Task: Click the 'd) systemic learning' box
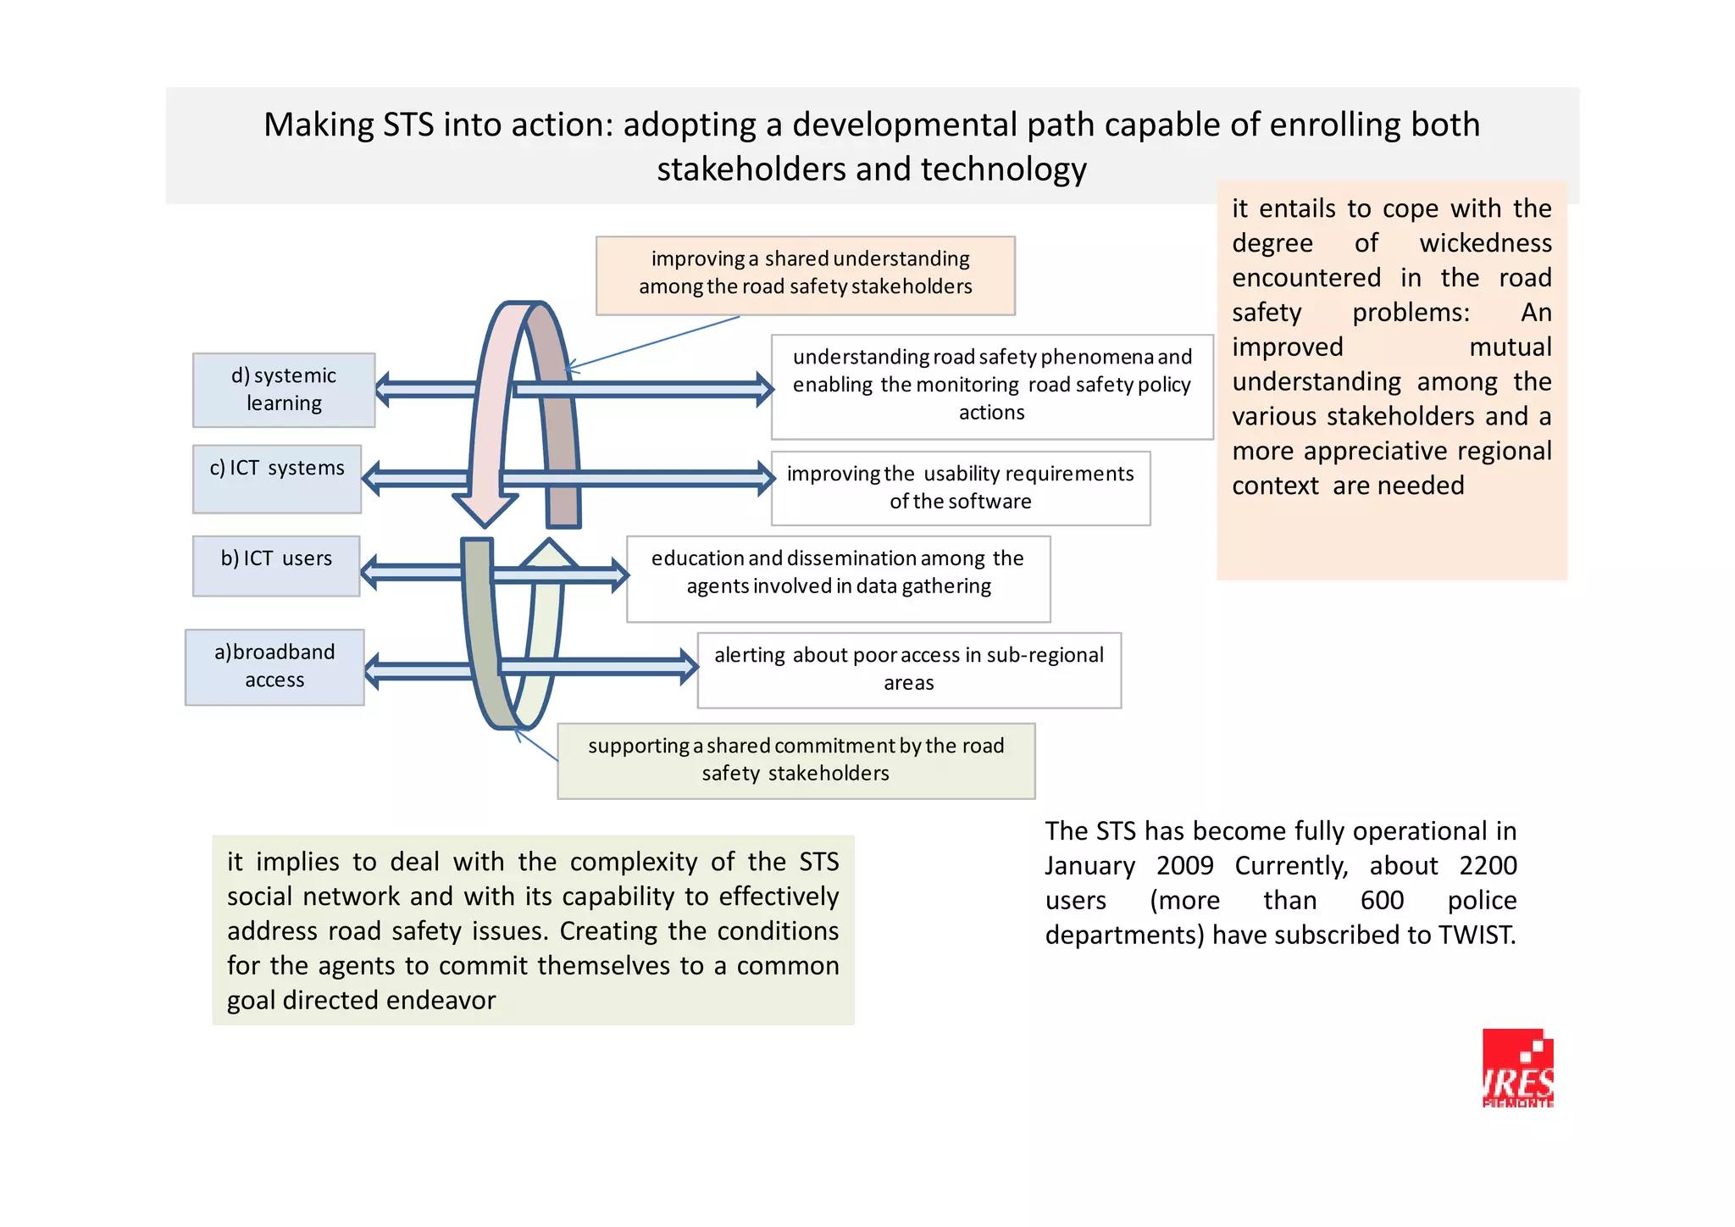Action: [284, 390]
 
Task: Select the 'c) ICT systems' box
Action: [277, 479]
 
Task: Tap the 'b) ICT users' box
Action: [276, 566]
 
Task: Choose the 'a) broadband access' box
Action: [274, 667]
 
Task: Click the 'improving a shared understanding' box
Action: [805, 275]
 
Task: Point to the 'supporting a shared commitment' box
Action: [795, 760]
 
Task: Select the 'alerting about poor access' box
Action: [908, 669]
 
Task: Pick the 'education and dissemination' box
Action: [838, 579]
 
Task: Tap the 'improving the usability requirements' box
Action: [960, 488]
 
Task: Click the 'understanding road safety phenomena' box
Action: [991, 386]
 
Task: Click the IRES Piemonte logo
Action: [1517, 1069]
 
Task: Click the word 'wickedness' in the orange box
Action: [1485, 243]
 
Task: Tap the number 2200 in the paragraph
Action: [1488, 866]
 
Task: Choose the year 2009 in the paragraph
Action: [1184, 866]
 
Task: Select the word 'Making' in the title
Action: [319, 125]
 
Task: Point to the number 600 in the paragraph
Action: [1382, 901]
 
